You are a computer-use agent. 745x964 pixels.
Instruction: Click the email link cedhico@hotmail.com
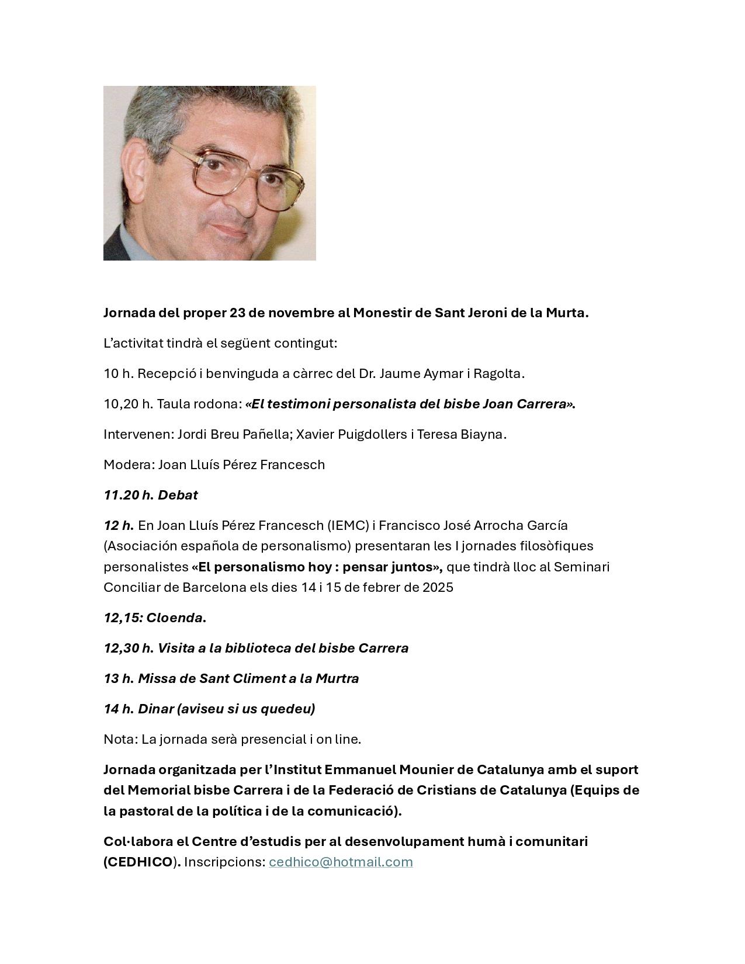[341, 862]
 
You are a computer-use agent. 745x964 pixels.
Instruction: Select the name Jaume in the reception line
[399, 373]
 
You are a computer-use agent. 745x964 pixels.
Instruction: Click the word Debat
[178, 495]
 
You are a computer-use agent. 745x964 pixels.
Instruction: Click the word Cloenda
[174, 618]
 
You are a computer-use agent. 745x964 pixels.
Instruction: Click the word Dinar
[155, 709]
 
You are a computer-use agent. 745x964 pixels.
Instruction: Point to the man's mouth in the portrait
[234, 230]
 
